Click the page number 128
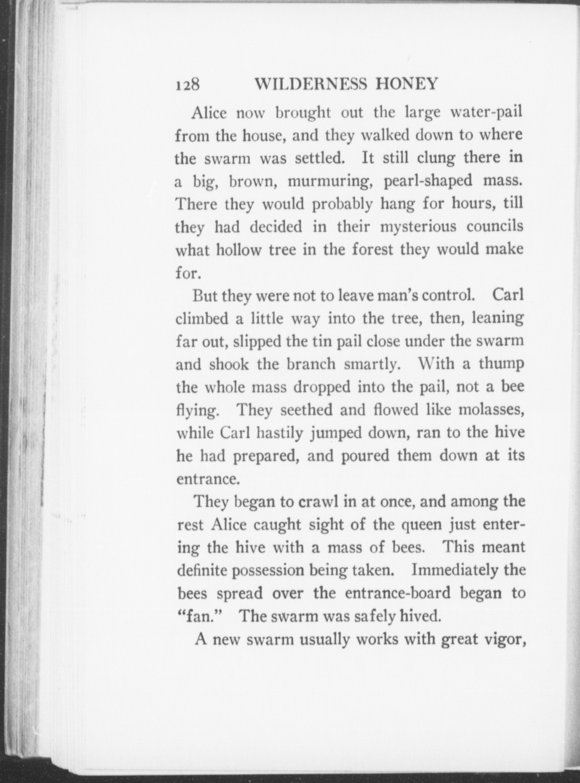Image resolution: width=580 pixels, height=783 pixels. coord(188,85)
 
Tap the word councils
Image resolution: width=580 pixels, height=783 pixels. coord(494,227)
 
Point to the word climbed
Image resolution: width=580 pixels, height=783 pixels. coord(202,319)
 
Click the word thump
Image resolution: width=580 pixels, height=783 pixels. coord(501,364)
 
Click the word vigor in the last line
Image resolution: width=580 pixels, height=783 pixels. coord(505,640)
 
